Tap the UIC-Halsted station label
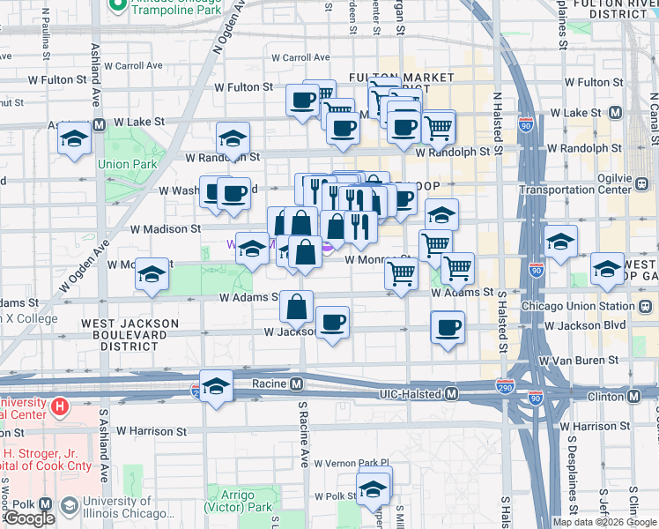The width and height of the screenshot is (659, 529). click(411, 393)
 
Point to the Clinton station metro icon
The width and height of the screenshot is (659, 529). click(646, 396)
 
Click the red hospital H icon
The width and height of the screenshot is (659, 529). click(60, 406)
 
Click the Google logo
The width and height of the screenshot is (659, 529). click(28, 518)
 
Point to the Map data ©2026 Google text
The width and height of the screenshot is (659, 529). click(604, 522)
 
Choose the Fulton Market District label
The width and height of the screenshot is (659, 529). click(388, 84)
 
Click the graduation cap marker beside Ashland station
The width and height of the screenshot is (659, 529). click(75, 138)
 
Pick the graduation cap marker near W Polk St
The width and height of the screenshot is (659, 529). click(374, 488)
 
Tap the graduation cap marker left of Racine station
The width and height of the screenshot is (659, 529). click(216, 386)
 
